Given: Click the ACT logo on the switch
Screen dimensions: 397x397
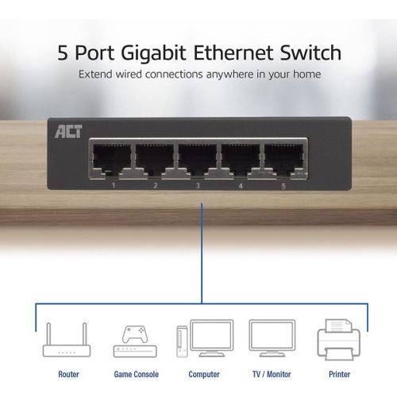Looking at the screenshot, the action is click(x=68, y=132).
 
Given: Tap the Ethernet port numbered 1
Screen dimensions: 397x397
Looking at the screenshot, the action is click(x=111, y=160).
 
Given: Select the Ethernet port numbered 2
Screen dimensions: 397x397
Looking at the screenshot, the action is click(x=155, y=160).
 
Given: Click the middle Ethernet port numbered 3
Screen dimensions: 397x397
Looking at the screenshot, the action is click(x=198, y=160).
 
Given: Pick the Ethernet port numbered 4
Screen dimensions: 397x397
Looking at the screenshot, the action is click(x=241, y=160).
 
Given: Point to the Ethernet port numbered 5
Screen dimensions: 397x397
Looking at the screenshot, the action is click(x=283, y=160).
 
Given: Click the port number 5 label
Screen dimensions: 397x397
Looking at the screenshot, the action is click(x=283, y=186).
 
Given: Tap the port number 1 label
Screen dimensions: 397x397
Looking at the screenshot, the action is click(x=114, y=185).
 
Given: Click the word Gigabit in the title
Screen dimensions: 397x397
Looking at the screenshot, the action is click(x=154, y=53).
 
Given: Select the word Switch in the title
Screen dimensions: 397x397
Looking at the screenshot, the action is click(x=310, y=52).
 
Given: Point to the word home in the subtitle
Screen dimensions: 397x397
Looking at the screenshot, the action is click(x=307, y=74).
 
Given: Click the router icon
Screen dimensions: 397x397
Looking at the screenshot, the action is click(x=67, y=340).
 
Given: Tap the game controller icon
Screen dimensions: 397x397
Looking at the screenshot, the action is click(x=134, y=334).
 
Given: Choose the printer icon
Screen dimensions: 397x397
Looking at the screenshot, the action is click(x=339, y=340).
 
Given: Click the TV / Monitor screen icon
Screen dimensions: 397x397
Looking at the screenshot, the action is click(x=272, y=338).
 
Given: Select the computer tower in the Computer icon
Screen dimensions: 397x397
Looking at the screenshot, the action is click(x=182, y=341).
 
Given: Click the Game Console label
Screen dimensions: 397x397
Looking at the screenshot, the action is click(x=137, y=374).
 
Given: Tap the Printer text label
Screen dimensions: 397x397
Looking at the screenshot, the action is click(x=339, y=374).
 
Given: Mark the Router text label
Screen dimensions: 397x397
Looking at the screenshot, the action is click(x=68, y=374).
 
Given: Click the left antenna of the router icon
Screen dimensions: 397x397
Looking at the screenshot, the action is click(x=48, y=333).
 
